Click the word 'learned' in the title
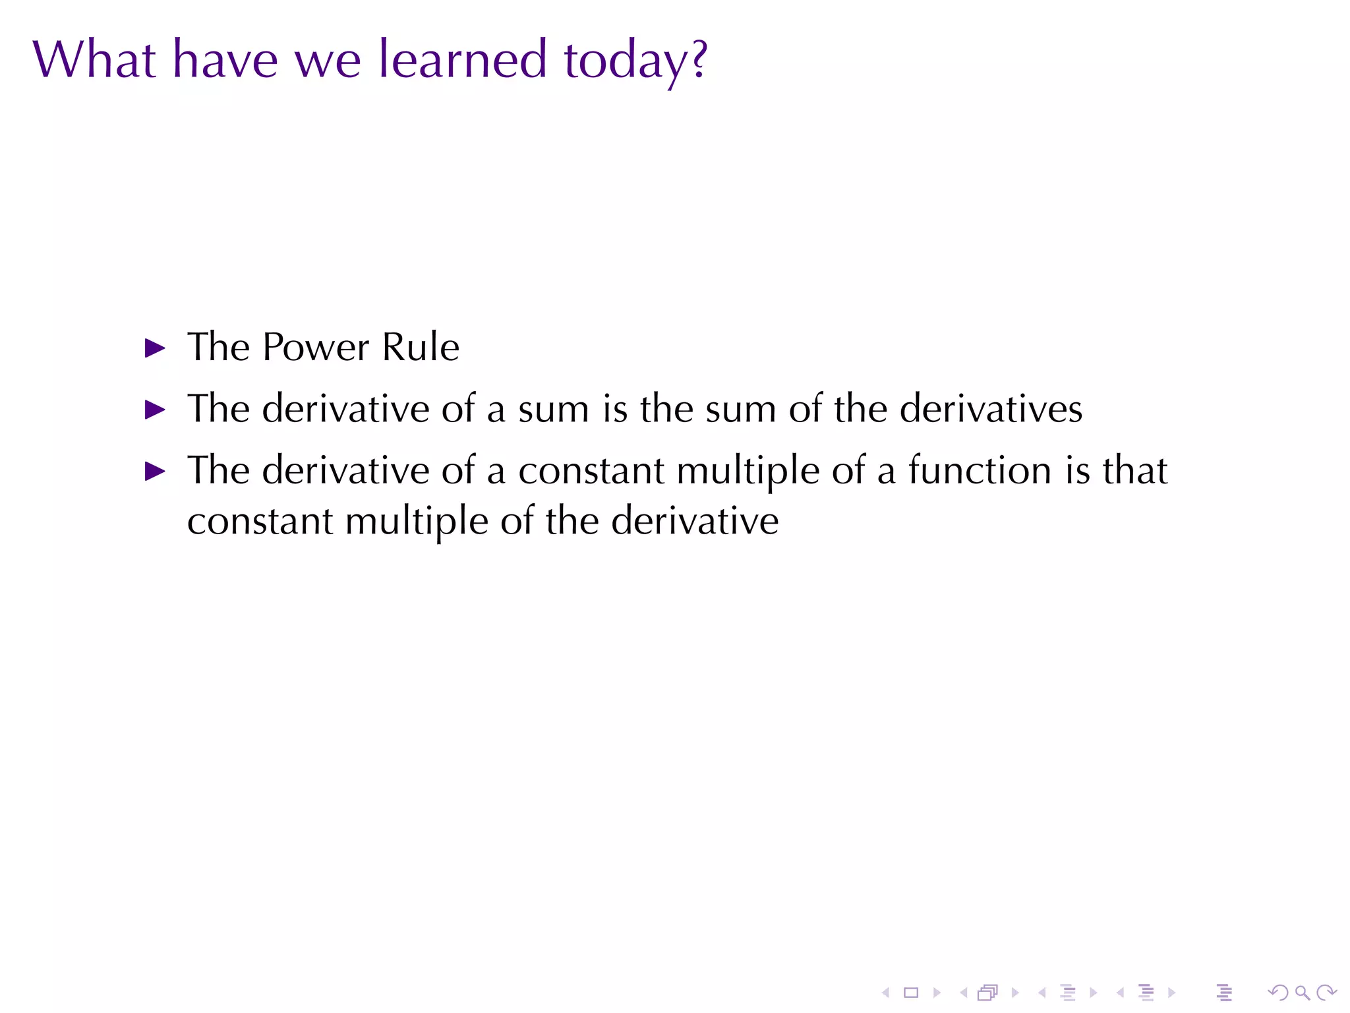463,59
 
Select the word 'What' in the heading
94,59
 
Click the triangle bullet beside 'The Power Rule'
155,348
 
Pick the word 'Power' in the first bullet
316,348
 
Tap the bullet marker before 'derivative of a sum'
155,410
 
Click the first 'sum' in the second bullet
553,410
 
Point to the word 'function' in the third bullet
980,471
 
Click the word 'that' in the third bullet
1135,471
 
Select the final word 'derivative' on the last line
695,522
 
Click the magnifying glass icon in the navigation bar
1303,992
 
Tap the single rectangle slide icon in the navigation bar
911,992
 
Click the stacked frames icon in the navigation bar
987,992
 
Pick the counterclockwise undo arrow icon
1277,992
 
